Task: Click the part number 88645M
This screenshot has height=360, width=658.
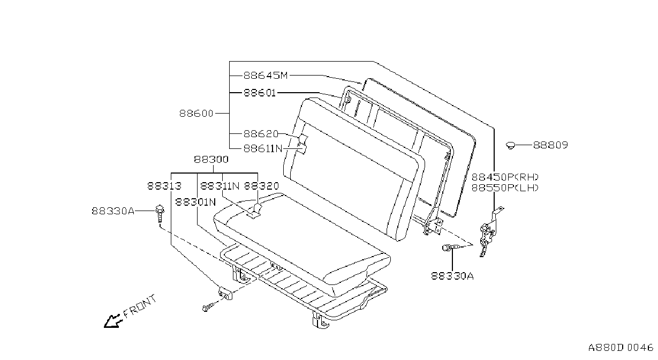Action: tap(266, 76)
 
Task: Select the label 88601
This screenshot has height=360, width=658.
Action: tap(260, 93)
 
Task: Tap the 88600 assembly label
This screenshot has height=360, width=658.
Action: tap(196, 114)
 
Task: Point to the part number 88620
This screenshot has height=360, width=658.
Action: tap(261, 134)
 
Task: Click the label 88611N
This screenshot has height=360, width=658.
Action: tap(263, 149)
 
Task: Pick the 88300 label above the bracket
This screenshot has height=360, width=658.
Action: tap(211, 160)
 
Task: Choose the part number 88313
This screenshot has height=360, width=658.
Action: tap(164, 186)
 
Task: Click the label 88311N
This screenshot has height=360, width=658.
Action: tap(220, 186)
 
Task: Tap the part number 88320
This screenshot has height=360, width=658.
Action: tap(261, 186)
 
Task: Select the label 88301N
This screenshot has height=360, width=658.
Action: tap(195, 202)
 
